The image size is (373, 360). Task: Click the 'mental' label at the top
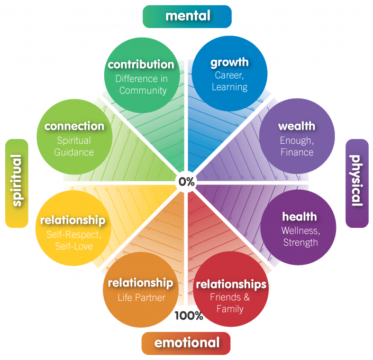coord(187,16)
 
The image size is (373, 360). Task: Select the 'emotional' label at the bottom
coord(186,343)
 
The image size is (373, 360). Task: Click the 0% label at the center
coord(186,181)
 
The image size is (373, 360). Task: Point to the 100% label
coord(189,316)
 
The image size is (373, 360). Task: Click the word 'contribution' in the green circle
coord(141,64)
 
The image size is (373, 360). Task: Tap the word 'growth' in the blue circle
coord(230,62)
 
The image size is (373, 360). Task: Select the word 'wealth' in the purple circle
coord(297,126)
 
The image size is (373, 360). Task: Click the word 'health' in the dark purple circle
coord(299,217)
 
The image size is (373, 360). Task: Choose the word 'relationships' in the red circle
coord(231,284)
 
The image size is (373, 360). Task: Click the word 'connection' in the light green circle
coord(74,126)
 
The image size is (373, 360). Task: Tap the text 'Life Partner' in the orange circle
coord(141,298)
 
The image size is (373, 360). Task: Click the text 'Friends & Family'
coord(230,303)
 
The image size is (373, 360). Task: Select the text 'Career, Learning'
coord(230,81)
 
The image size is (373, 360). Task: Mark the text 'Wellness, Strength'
coord(301,237)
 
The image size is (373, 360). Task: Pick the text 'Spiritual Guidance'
coord(74,146)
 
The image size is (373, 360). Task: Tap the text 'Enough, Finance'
coord(297,146)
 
